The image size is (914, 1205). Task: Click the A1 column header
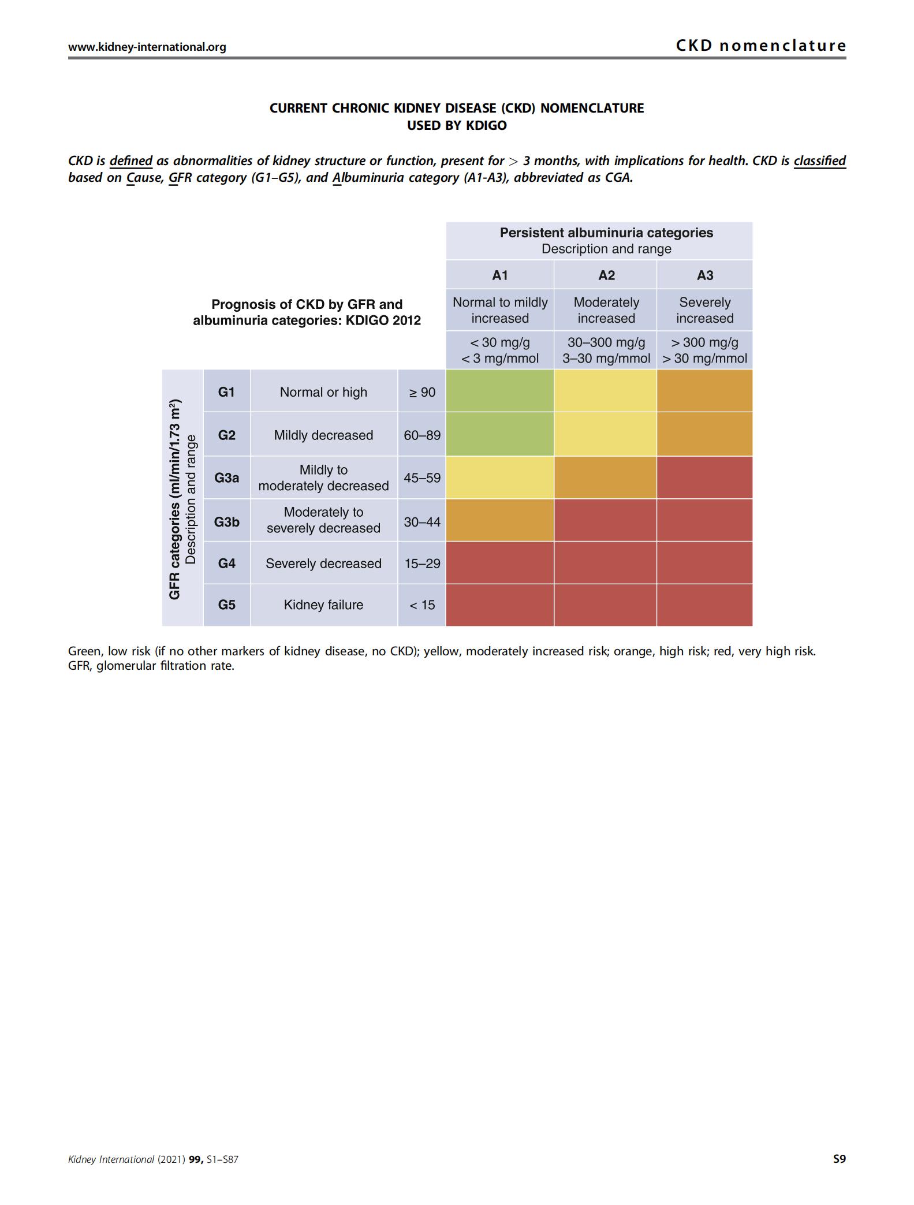500,275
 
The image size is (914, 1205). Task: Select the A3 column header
705,275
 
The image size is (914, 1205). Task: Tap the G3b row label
226,522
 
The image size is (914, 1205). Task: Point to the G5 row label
226,605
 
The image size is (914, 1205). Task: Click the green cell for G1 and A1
500,391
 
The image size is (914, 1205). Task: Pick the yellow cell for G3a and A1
500,477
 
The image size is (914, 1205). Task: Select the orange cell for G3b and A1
500,520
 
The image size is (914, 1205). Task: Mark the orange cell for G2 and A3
705,434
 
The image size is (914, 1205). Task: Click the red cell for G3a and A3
705,477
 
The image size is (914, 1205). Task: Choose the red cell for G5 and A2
605,605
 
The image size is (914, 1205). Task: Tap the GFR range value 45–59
422,478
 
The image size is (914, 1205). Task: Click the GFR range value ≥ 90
422,393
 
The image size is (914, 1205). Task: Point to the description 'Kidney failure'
323,605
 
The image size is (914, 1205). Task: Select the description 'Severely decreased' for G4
323,564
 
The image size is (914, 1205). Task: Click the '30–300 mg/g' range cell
606,342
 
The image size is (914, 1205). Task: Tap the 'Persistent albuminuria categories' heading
606,233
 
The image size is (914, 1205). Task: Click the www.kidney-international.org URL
147,47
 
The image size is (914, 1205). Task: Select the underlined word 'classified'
820,161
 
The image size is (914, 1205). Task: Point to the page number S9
839,1159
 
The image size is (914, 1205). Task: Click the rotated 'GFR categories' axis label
174,499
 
